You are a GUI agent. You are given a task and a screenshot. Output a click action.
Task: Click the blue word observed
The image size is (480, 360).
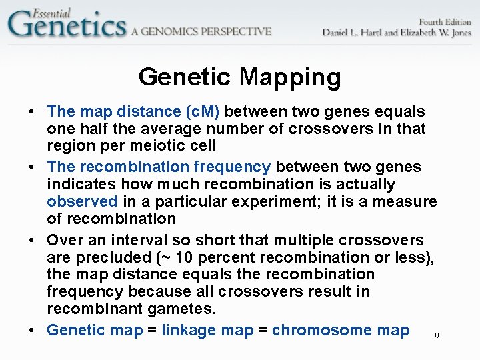click(82, 201)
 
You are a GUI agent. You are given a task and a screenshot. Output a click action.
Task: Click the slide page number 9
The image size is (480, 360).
click(437, 336)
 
